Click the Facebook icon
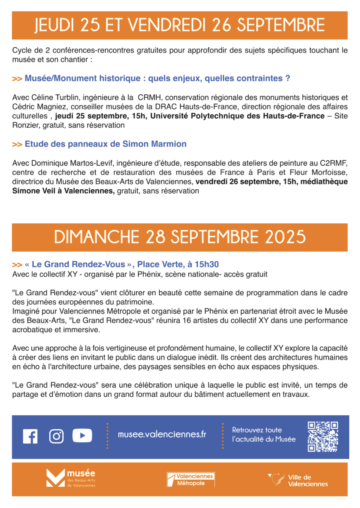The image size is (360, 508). pos(30,436)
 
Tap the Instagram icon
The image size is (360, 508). pos(56,436)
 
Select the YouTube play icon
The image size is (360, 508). pos(82,435)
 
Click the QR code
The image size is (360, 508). pos(323,436)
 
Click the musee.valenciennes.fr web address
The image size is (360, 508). pos(162,434)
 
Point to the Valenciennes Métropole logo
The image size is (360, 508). pos(191,480)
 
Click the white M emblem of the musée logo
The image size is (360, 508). pos(55,478)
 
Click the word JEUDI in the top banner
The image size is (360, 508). pos(54,25)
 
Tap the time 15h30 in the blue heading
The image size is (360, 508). pos(207,264)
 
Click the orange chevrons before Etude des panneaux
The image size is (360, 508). pos(17,144)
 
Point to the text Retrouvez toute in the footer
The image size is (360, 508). pos(257,430)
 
